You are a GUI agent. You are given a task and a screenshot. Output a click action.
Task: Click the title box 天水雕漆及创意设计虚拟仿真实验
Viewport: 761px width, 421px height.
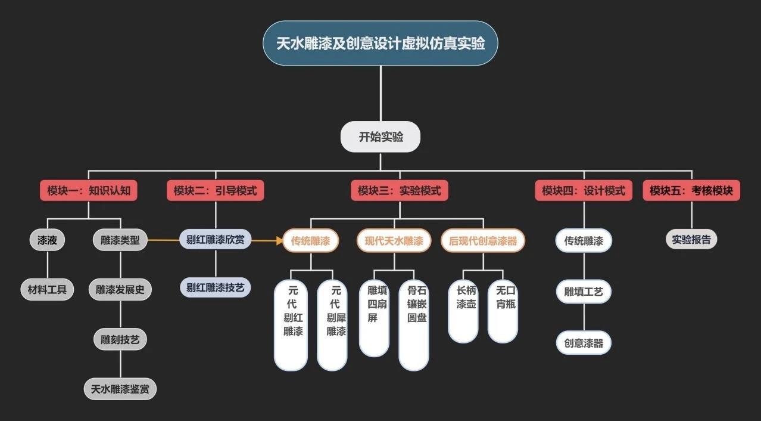click(381, 44)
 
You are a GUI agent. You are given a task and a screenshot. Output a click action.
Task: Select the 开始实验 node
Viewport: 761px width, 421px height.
click(381, 137)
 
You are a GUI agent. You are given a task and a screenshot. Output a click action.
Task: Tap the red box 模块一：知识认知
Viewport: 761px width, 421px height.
click(89, 191)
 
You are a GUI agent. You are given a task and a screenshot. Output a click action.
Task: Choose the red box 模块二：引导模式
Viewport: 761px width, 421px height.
click(215, 191)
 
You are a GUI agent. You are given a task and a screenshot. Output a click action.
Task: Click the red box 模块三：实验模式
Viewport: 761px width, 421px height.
click(400, 191)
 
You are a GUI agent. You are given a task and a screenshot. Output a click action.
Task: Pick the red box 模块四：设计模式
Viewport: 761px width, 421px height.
click(584, 191)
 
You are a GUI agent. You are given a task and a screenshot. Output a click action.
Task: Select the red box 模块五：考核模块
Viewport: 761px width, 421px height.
click(691, 191)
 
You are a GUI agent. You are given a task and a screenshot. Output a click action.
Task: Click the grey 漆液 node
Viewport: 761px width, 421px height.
click(47, 240)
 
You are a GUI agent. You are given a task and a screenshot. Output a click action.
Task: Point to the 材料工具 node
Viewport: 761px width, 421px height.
click(47, 290)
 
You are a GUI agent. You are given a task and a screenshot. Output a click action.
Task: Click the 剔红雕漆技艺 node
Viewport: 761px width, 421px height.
click(215, 287)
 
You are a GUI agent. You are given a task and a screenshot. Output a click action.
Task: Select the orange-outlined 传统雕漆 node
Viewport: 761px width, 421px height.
click(311, 241)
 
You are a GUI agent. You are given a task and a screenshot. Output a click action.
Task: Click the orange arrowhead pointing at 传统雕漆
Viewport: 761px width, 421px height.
click(279, 241)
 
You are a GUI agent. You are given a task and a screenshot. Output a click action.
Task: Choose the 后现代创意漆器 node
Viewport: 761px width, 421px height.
click(483, 241)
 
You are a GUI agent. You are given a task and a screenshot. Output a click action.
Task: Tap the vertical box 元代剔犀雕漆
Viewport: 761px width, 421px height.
click(332, 325)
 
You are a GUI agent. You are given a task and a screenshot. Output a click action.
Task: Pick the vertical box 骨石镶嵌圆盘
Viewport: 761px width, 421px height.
click(414, 325)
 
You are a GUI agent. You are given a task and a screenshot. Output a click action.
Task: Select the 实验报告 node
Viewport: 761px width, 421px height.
click(691, 240)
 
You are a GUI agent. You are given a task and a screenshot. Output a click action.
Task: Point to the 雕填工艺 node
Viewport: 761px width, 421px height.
click(584, 292)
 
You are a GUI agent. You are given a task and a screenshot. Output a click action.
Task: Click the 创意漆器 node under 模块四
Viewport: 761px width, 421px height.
click(584, 343)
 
